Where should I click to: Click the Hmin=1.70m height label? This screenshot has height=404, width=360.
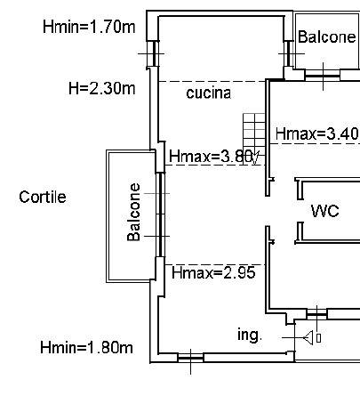pyautogui.click(x=89, y=27)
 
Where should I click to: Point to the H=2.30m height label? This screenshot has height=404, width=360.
pyautogui.click(x=101, y=88)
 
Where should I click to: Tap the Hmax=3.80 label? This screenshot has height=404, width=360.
pyautogui.click(x=211, y=156)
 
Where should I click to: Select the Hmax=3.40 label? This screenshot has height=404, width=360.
pyautogui.click(x=316, y=133)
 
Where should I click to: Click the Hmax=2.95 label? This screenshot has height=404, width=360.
pyautogui.click(x=213, y=272)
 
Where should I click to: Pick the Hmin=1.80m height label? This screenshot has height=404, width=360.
pyautogui.click(x=86, y=347)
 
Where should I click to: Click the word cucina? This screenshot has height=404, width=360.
pyautogui.click(x=209, y=93)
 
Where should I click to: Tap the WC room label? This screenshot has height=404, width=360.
pyautogui.click(x=325, y=211)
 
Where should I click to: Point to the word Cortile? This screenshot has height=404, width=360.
pyautogui.click(x=43, y=197)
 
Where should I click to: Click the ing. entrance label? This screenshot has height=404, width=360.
pyautogui.click(x=250, y=335)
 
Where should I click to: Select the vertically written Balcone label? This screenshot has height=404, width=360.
pyautogui.click(x=133, y=212)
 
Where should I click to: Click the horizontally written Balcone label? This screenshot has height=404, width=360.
pyautogui.click(x=326, y=36)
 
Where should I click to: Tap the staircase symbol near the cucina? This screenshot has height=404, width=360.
pyautogui.click(x=254, y=134)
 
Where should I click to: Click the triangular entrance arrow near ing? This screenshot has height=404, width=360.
pyautogui.click(x=308, y=337)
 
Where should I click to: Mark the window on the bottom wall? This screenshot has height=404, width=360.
pyautogui.click(x=190, y=358)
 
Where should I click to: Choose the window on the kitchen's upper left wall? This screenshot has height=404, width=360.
pyautogui.click(x=155, y=53)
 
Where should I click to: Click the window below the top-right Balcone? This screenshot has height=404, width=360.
pyautogui.click(x=323, y=77)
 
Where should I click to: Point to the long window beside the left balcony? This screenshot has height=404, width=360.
pyautogui.click(x=160, y=214)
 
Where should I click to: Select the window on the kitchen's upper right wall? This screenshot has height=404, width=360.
pyautogui.click(x=288, y=53)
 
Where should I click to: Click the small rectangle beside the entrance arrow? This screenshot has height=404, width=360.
pyautogui.click(x=318, y=338)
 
